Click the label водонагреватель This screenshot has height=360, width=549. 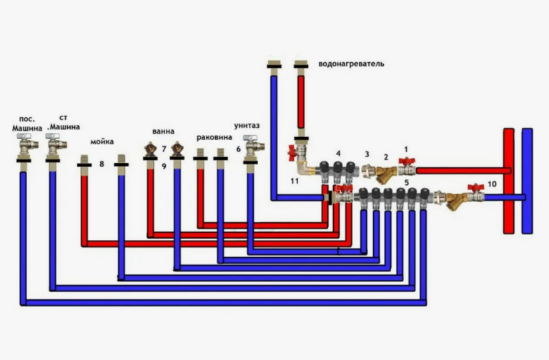coord(351,64)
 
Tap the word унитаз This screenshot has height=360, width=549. coord(247,126)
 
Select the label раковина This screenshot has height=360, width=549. coord(214,137)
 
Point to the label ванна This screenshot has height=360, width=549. coord(163,131)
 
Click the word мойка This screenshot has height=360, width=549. coord(102,141)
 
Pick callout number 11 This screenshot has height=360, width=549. coord(295,181)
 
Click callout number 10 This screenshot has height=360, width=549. coord(492,184)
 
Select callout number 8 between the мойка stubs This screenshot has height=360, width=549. coord(102,164)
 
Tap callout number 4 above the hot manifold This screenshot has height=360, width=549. coord(338,154)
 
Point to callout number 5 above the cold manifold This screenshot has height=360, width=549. coord(407,183)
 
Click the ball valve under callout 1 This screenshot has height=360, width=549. coord(407,167)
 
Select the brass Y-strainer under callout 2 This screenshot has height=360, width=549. coord(386,174)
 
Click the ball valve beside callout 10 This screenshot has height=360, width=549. coord(476,193)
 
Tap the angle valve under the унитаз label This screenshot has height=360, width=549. coord(254,146)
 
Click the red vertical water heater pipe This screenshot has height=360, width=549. coord(301,102)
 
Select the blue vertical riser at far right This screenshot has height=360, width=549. coord(528,181)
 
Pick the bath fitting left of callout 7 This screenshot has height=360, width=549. coord(151,149)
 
